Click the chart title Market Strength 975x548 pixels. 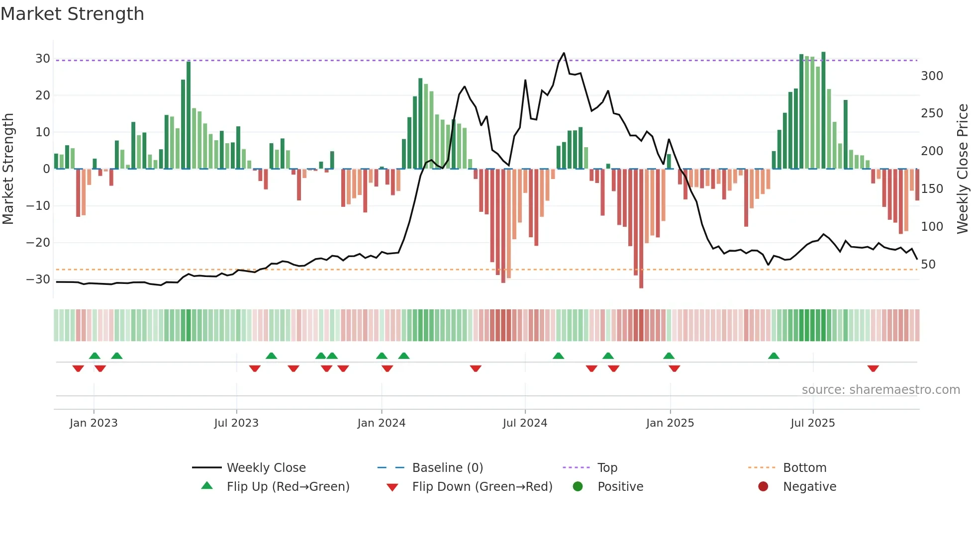click(73, 14)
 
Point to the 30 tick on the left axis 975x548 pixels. click(43, 59)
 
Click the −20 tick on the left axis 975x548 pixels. click(38, 243)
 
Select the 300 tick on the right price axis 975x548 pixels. click(932, 76)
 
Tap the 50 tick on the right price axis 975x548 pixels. click(928, 265)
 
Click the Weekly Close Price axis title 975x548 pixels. click(963, 169)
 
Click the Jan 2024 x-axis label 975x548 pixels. click(381, 423)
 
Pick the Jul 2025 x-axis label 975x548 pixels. click(812, 423)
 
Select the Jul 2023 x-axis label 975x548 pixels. click(236, 423)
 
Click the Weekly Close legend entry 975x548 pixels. click(266, 468)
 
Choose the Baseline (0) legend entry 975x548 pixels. click(447, 468)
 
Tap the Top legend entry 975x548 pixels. click(607, 468)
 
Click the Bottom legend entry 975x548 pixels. click(804, 468)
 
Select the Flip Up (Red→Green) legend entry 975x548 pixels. click(288, 487)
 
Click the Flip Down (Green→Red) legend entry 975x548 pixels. click(482, 487)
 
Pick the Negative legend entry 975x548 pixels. click(809, 487)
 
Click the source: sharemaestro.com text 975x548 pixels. click(880, 390)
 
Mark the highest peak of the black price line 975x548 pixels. click(564, 53)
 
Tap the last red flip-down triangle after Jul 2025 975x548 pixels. click(873, 368)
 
